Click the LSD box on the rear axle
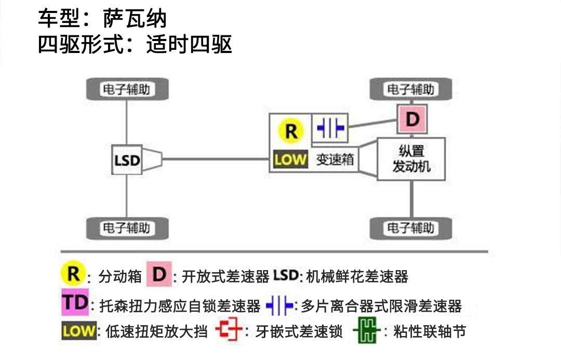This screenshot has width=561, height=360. (x=127, y=160)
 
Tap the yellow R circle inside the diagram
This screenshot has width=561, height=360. (x=290, y=130)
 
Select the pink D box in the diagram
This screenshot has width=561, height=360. (x=411, y=119)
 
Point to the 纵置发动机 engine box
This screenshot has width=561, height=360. (x=411, y=159)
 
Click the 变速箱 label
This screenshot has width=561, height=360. (x=335, y=159)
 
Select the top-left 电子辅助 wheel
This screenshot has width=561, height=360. (x=127, y=89)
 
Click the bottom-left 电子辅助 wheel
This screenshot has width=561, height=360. (x=127, y=228)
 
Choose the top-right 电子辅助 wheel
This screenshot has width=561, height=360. (x=410, y=89)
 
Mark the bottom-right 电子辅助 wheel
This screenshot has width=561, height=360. (x=410, y=228)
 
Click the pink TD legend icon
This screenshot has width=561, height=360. (x=75, y=303)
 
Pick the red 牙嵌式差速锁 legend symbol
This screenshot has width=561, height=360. (x=229, y=331)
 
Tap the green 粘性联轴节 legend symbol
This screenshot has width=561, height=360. (x=367, y=331)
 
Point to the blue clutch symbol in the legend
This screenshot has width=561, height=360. (x=279, y=305)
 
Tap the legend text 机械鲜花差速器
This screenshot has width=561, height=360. (x=357, y=276)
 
